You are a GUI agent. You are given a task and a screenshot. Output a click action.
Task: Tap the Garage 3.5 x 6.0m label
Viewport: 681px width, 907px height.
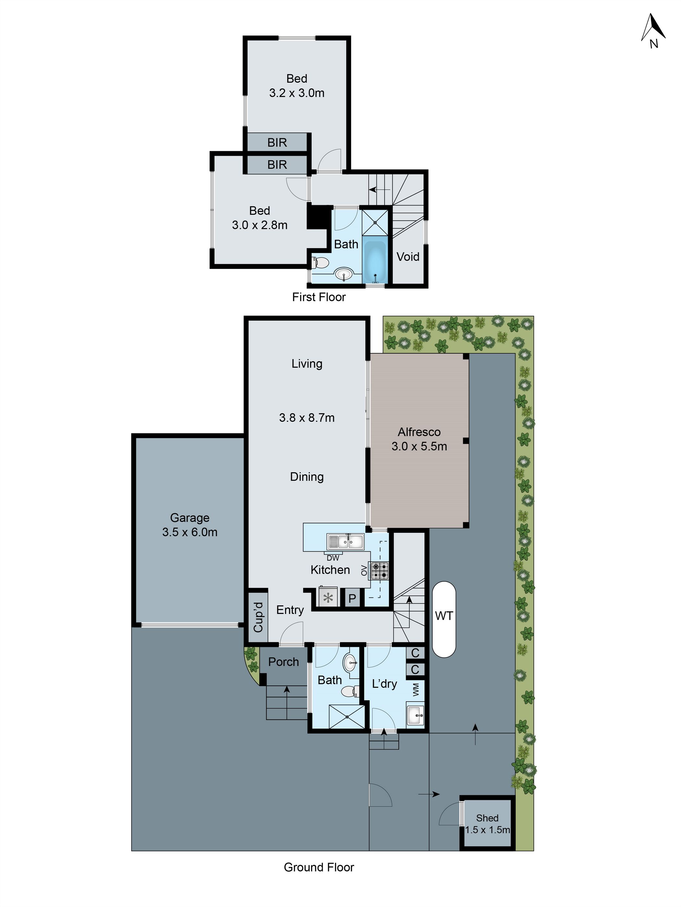(190, 525)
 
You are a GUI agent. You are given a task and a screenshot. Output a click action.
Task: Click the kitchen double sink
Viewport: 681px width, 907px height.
(345, 542)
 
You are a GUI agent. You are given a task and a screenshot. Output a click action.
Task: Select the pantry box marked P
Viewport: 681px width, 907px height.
(352, 598)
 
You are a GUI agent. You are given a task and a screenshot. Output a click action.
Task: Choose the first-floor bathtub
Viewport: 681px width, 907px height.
(375, 262)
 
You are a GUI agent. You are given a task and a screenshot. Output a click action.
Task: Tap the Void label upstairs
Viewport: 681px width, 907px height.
(408, 257)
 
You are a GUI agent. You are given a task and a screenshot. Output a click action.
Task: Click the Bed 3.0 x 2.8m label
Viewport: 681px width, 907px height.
(259, 218)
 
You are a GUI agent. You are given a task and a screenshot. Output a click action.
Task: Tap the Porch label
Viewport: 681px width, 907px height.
(283, 662)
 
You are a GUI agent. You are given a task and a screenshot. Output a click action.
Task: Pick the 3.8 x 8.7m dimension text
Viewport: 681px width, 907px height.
(307, 418)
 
